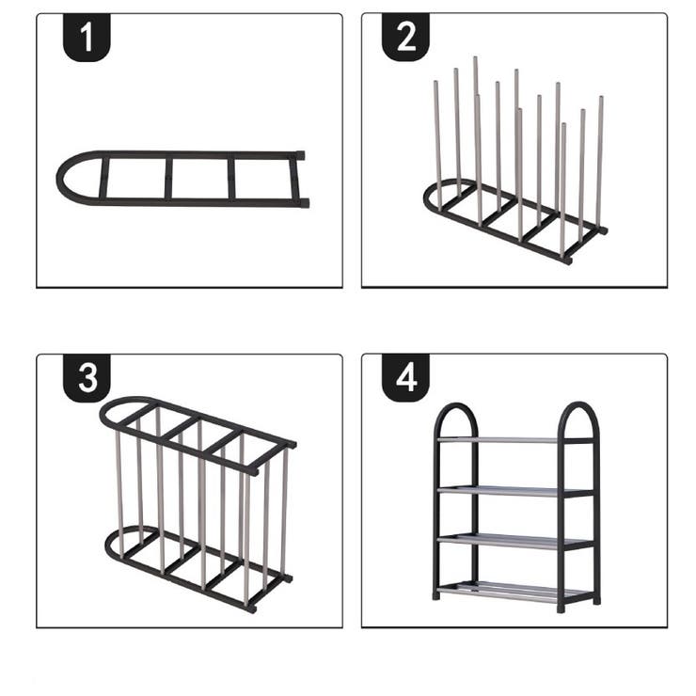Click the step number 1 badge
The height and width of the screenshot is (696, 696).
[87, 39]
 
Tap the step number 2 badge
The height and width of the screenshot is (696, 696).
[405, 39]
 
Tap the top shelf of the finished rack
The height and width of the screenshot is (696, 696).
[515, 439]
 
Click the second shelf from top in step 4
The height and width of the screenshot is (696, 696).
[515, 490]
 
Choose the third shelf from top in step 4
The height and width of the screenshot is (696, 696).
[515, 541]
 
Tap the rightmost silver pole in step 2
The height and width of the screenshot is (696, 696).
[600, 160]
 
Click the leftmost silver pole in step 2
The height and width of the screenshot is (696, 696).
[437, 141]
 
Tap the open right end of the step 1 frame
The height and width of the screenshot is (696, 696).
[301, 178]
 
